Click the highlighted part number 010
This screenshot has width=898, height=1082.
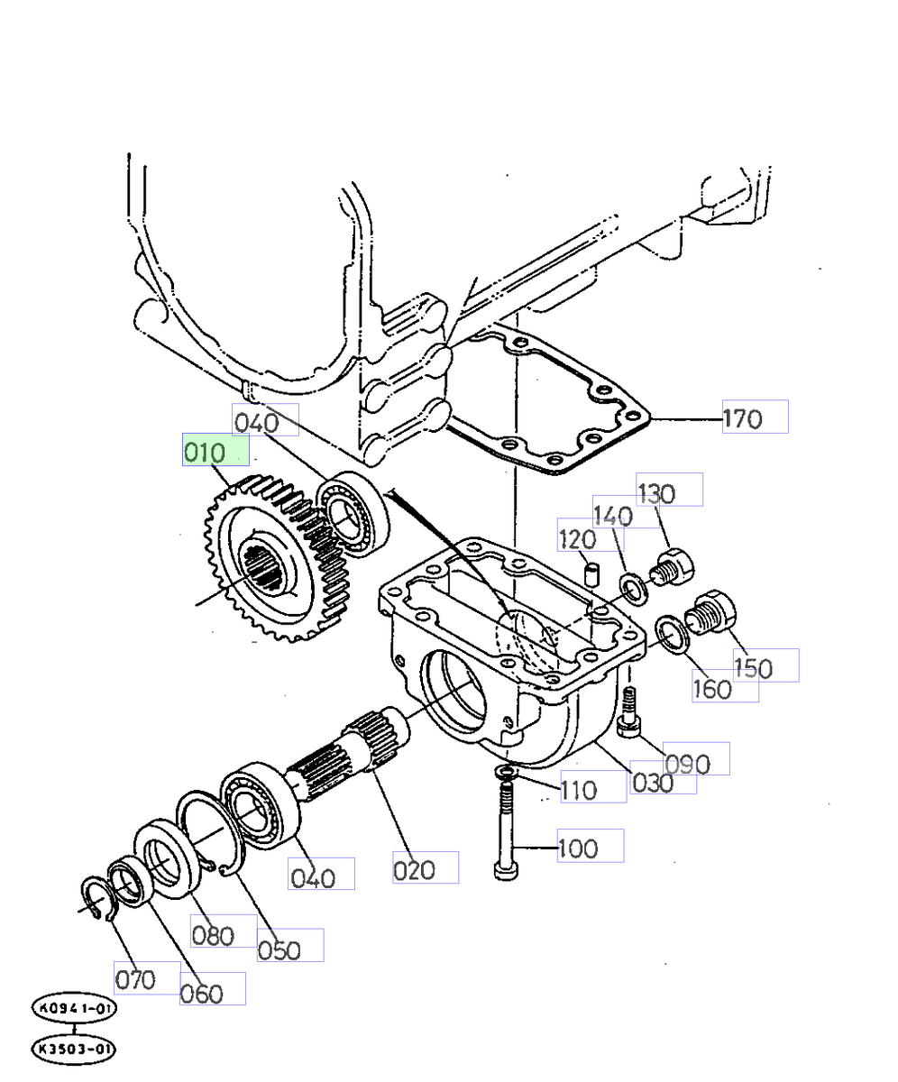215,450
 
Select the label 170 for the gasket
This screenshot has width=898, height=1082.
754,417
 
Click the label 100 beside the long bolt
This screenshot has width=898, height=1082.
590,846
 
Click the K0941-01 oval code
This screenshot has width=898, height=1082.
74,1008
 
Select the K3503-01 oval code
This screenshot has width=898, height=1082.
74,1050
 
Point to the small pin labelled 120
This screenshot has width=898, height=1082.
592,573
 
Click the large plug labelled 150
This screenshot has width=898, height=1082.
712,615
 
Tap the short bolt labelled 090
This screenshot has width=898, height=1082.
628,713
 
